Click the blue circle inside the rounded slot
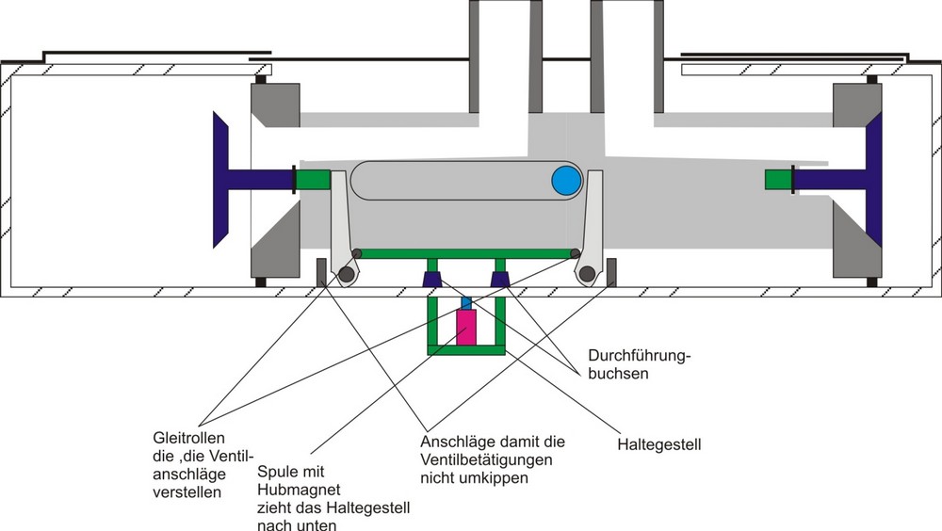click(566, 180)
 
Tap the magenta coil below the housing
click(466, 328)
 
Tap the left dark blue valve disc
click(221, 179)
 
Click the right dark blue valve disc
click(873, 179)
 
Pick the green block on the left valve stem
click(313, 179)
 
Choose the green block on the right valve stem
click(778, 179)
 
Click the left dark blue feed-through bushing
click(432, 280)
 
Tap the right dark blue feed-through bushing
click(500, 280)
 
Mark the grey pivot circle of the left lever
click(348, 274)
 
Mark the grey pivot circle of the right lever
click(587, 274)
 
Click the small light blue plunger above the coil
click(466, 303)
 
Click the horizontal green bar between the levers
click(466, 253)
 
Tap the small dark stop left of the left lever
click(321, 271)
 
